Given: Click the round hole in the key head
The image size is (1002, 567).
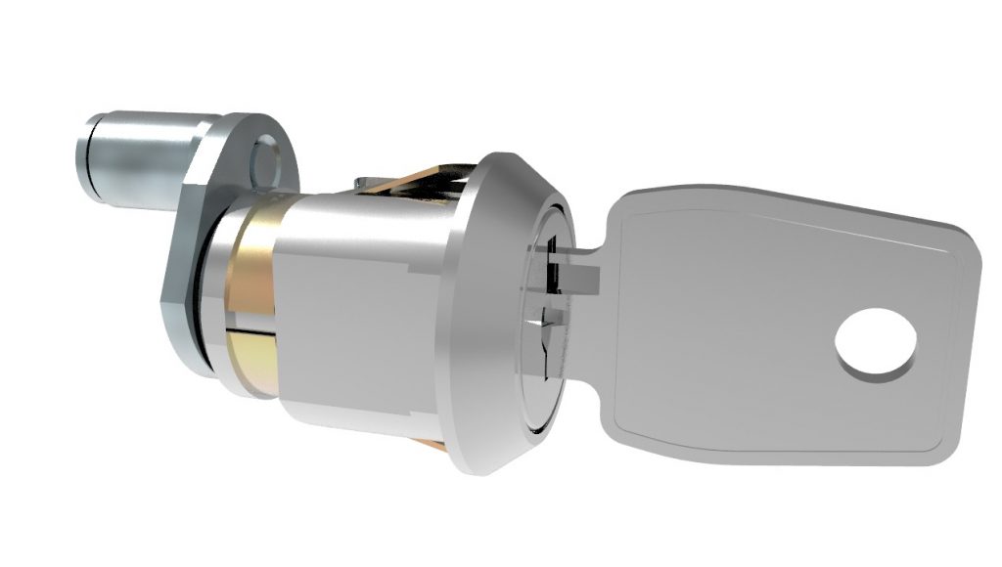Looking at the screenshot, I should click(876, 344).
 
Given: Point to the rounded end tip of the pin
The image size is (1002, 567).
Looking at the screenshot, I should click(86, 153).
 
